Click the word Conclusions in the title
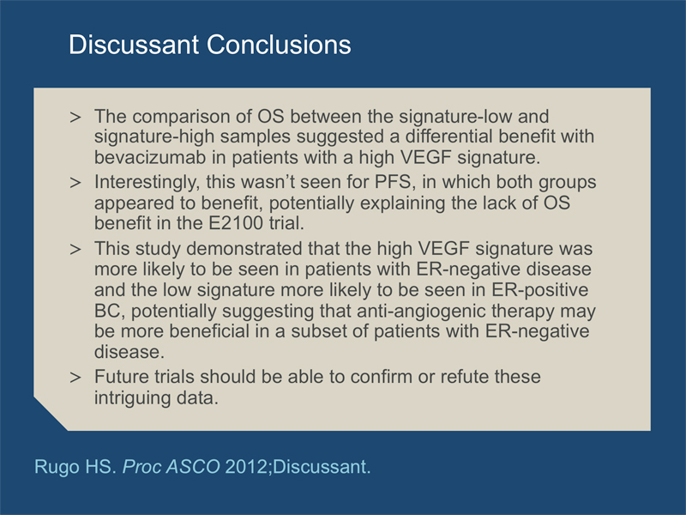[x=279, y=45]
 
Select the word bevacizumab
[x=150, y=157]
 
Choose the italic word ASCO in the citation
[x=193, y=467]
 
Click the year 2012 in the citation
[x=246, y=467]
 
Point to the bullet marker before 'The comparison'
[x=75, y=118]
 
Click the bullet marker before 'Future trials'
[x=75, y=378]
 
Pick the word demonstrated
[x=244, y=249]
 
